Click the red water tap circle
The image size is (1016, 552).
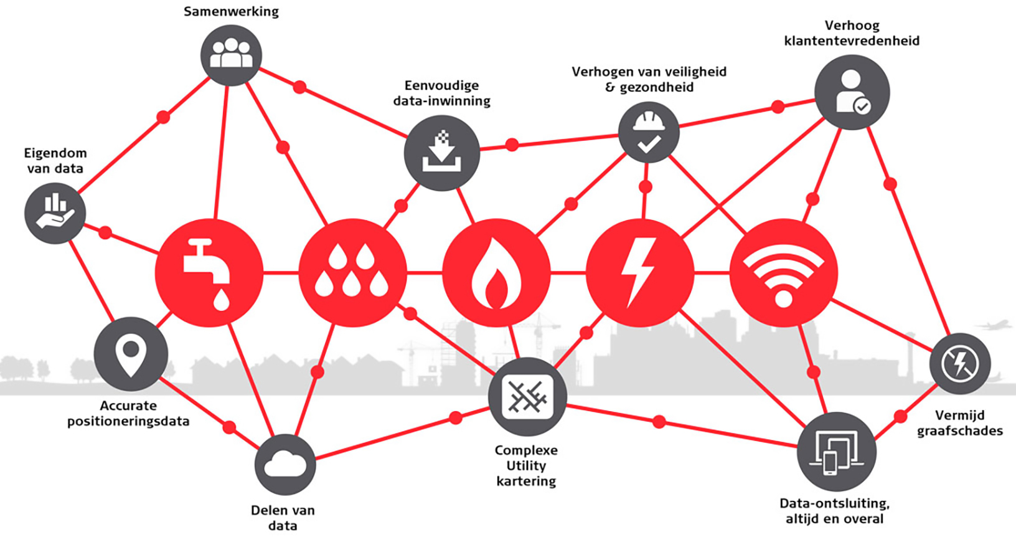209,273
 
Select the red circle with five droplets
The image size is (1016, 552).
352,273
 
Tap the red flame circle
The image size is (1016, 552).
496,273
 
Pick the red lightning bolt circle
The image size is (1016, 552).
640,273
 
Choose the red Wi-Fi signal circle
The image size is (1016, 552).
784,273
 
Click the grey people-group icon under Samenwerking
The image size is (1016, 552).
232,55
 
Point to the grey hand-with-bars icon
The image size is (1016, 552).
55,213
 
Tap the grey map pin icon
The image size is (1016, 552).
131,354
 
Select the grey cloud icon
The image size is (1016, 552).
285,464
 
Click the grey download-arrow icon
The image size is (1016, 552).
442,153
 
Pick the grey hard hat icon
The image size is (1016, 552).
649,132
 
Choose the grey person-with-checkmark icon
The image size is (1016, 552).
852,93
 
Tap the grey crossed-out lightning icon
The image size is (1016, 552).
960,364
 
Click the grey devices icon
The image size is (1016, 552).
836,452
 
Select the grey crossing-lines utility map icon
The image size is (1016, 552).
527,397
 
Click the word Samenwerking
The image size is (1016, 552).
232,11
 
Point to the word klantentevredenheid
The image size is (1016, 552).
852,41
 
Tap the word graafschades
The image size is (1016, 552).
960,431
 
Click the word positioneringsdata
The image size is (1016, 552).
128,421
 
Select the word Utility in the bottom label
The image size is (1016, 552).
526,466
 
